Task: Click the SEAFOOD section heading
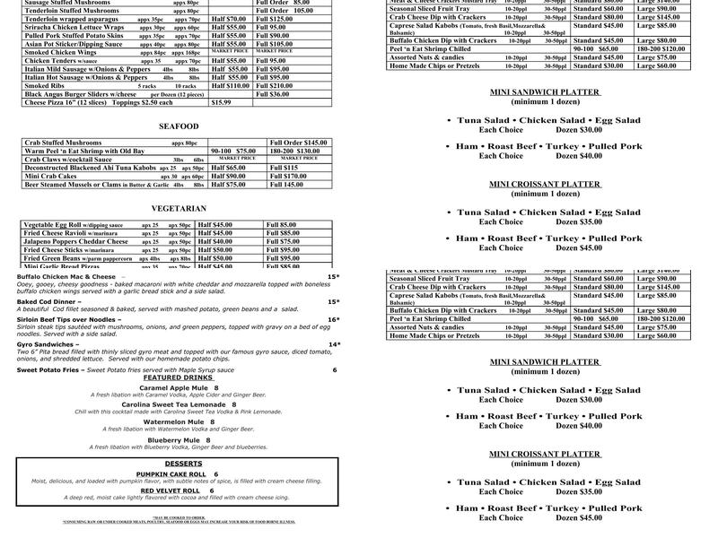coord(178,126)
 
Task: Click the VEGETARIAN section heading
coord(179,208)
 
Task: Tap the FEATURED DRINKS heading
coord(178,377)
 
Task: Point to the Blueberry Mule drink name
coord(171,440)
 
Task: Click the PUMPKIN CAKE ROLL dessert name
coord(171,473)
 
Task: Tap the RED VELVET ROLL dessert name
coord(169,490)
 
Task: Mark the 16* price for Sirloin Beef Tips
coord(333,319)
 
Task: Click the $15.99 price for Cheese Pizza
coord(221,102)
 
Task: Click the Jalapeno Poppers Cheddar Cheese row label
coord(76,241)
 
